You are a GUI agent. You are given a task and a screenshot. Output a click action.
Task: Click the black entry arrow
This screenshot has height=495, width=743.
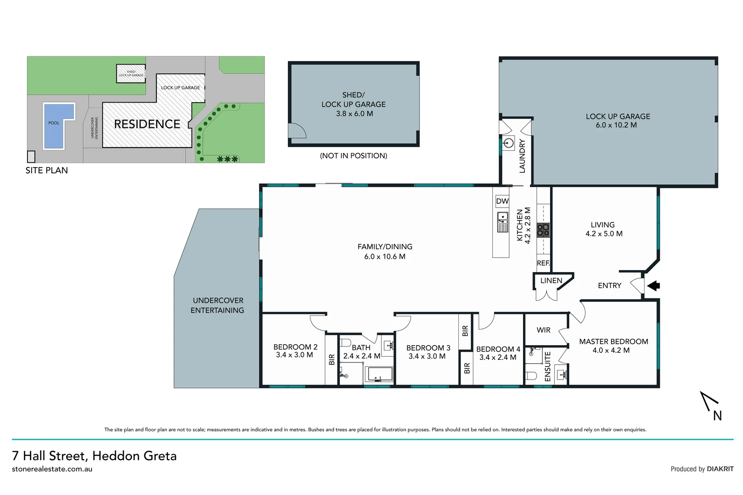tap(654, 286)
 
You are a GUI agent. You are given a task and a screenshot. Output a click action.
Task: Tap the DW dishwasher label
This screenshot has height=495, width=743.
tap(502, 201)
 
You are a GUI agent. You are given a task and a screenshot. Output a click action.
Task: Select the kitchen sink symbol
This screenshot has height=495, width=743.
tap(502, 222)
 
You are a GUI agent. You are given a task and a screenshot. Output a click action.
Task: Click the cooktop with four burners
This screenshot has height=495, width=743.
tap(543, 230)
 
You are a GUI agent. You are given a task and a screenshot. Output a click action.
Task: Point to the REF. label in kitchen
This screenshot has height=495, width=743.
tap(543, 263)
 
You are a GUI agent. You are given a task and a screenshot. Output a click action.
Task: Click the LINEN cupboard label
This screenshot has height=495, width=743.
tap(551, 280)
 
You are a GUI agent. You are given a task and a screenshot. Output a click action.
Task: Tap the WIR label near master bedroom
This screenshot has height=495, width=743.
tap(543, 330)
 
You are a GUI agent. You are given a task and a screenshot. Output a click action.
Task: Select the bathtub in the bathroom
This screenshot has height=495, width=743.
tap(379, 374)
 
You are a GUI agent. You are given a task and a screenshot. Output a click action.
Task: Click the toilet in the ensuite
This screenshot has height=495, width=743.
tap(531, 376)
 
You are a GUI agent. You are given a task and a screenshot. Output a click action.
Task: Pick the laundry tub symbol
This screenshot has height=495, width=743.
tap(508, 143)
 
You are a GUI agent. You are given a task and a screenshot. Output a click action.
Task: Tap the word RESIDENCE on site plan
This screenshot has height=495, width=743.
tap(147, 124)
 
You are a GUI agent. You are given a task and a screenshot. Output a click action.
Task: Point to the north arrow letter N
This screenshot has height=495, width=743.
tap(717, 416)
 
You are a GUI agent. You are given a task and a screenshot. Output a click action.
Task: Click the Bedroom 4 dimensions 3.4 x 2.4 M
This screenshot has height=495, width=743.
tap(497, 357)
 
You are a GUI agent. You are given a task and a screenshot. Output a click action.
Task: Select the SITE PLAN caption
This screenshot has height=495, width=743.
tap(47, 170)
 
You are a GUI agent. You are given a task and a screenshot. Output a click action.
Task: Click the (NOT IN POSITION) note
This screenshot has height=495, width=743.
tap(353, 156)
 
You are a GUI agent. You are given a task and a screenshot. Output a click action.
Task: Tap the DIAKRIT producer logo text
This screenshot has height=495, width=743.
tap(720, 469)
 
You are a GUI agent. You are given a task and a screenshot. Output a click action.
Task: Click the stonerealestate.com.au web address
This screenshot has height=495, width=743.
tap(52, 469)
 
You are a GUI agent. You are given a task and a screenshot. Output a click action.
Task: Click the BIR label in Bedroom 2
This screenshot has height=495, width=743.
tap(332, 359)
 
